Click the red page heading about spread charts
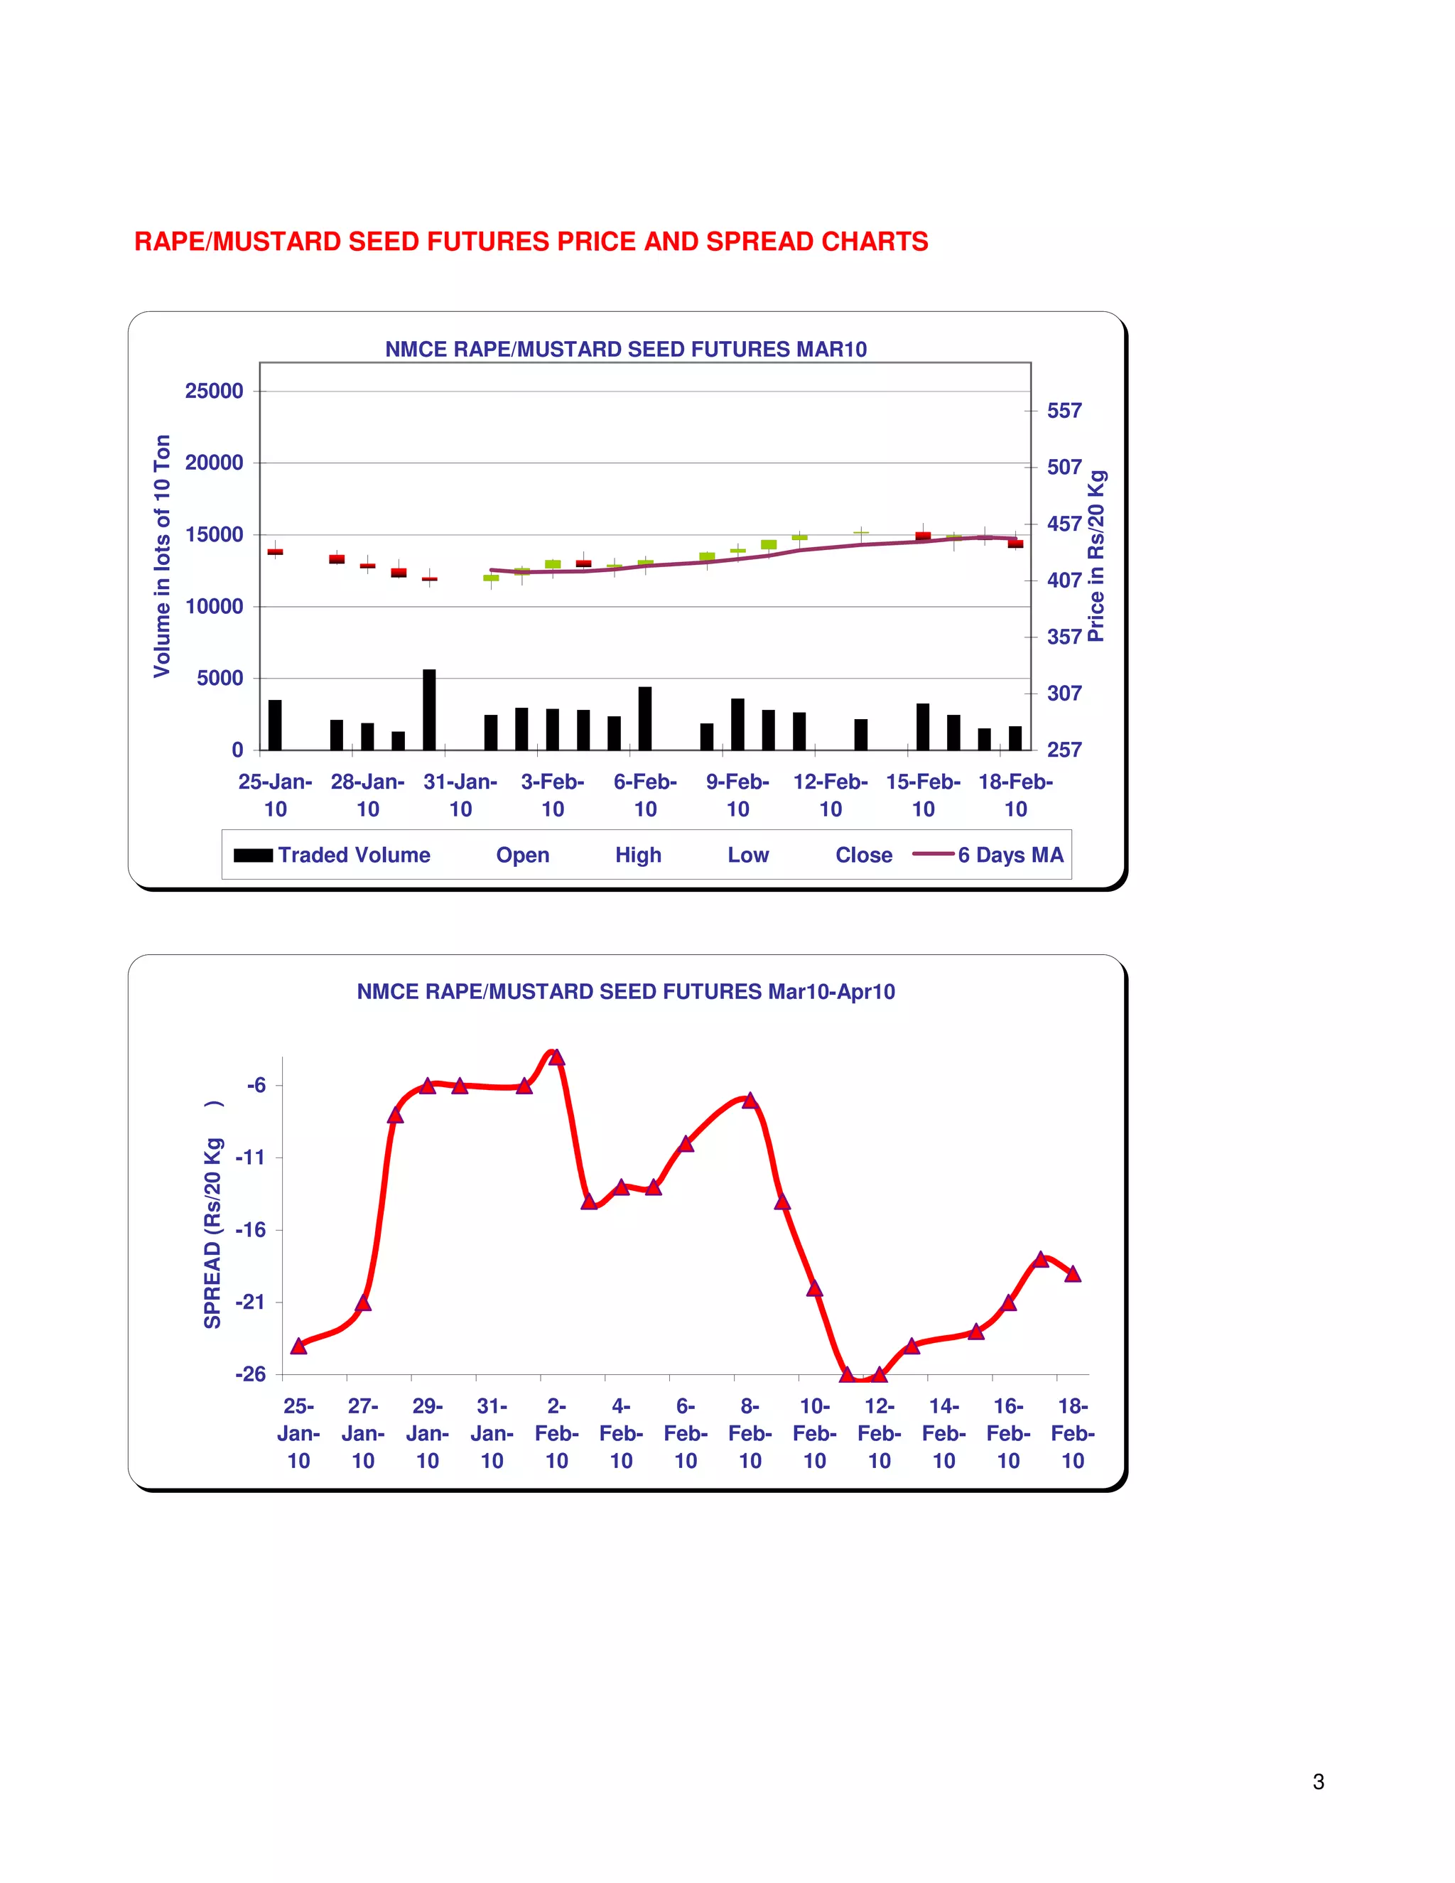click(531, 242)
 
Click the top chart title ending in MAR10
click(626, 349)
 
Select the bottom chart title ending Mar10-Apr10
click(626, 991)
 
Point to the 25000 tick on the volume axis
click(214, 392)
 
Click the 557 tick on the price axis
click(1064, 411)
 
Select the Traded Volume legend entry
click(353, 856)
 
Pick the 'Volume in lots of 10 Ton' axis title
click(162, 556)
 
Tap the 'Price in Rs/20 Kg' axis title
click(1096, 556)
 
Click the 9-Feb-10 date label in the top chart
click(738, 795)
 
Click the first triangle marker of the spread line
click(299, 1346)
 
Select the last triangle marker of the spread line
click(1072, 1274)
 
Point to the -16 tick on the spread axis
click(251, 1230)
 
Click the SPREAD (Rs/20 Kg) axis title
click(213, 1216)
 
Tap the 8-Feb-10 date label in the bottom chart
click(750, 1433)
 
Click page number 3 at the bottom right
click(1318, 1782)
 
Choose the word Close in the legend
click(864, 856)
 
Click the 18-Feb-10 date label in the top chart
click(1015, 795)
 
